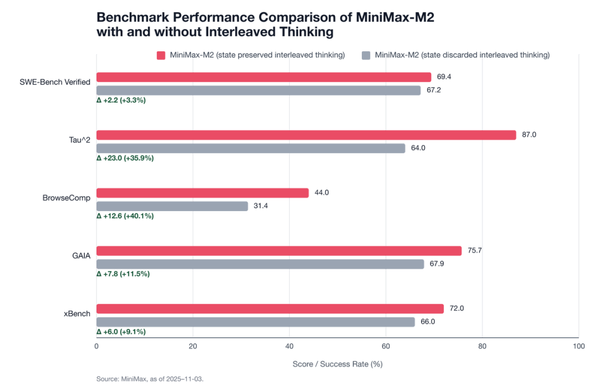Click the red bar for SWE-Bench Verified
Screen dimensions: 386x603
pyautogui.click(x=264, y=77)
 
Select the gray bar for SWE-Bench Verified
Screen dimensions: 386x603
pyautogui.click(x=259, y=90)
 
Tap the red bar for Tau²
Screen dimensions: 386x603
pyautogui.click(x=307, y=135)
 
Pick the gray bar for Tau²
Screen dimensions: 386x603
pyautogui.click(x=251, y=149)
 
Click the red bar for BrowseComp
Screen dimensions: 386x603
pyautogui.click(x=203, y=193)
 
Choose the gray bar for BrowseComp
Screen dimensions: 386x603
pyautogui.click(x=173, y=206)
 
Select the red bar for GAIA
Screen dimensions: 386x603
pyautogui.click(x=279, y=251)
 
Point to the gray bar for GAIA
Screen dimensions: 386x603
pyautogui.click(x=260, y=264)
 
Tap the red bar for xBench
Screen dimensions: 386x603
pyautogui.click(x=270, y=309)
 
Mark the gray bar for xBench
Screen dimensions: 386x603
pyautogui.click(x=256, y=322)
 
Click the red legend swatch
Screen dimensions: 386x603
pyautogui.click(x=161, y=55)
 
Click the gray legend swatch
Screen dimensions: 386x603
pyautogui.click(x=366, y=55)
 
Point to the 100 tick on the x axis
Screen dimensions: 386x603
pyautogui.click(x=578, y=346)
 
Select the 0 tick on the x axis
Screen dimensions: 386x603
pyautogui.click(x=97, y=346)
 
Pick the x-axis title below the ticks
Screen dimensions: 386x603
pyautogui.click(x=337, y=364)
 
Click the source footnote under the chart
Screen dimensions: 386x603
pyautogui.click(x=150, y=379)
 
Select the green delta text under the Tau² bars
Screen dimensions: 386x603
pyautogui.click(x=125, y=159)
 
